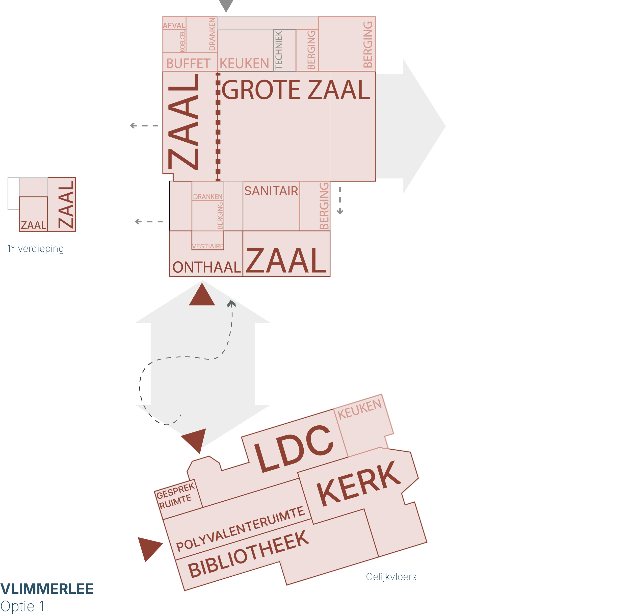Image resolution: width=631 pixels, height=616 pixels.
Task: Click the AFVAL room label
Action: click(x=174, y=25)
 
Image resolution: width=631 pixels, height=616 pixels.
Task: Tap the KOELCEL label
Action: click(x=183, y=41)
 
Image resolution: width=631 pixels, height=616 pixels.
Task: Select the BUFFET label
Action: click(x=188, y=63)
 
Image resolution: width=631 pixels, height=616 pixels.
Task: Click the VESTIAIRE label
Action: click(x=208, y=246)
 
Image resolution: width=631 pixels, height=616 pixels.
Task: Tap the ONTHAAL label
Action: click(x=206, y=267)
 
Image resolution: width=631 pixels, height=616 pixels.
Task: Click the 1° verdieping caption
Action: click(x=36, y=249)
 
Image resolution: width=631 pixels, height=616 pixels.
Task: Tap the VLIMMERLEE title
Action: click(x=47, y=589)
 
